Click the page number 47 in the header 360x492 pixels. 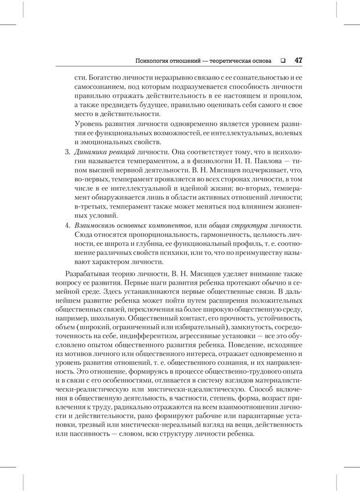[297, 60]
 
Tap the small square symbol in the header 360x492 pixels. [282, 60]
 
